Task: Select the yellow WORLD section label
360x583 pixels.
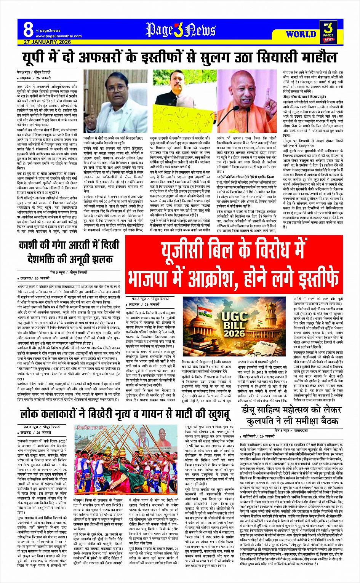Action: [301, 34]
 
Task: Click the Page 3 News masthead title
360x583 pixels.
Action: [180, 30]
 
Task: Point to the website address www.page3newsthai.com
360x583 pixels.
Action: [53, 36]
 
